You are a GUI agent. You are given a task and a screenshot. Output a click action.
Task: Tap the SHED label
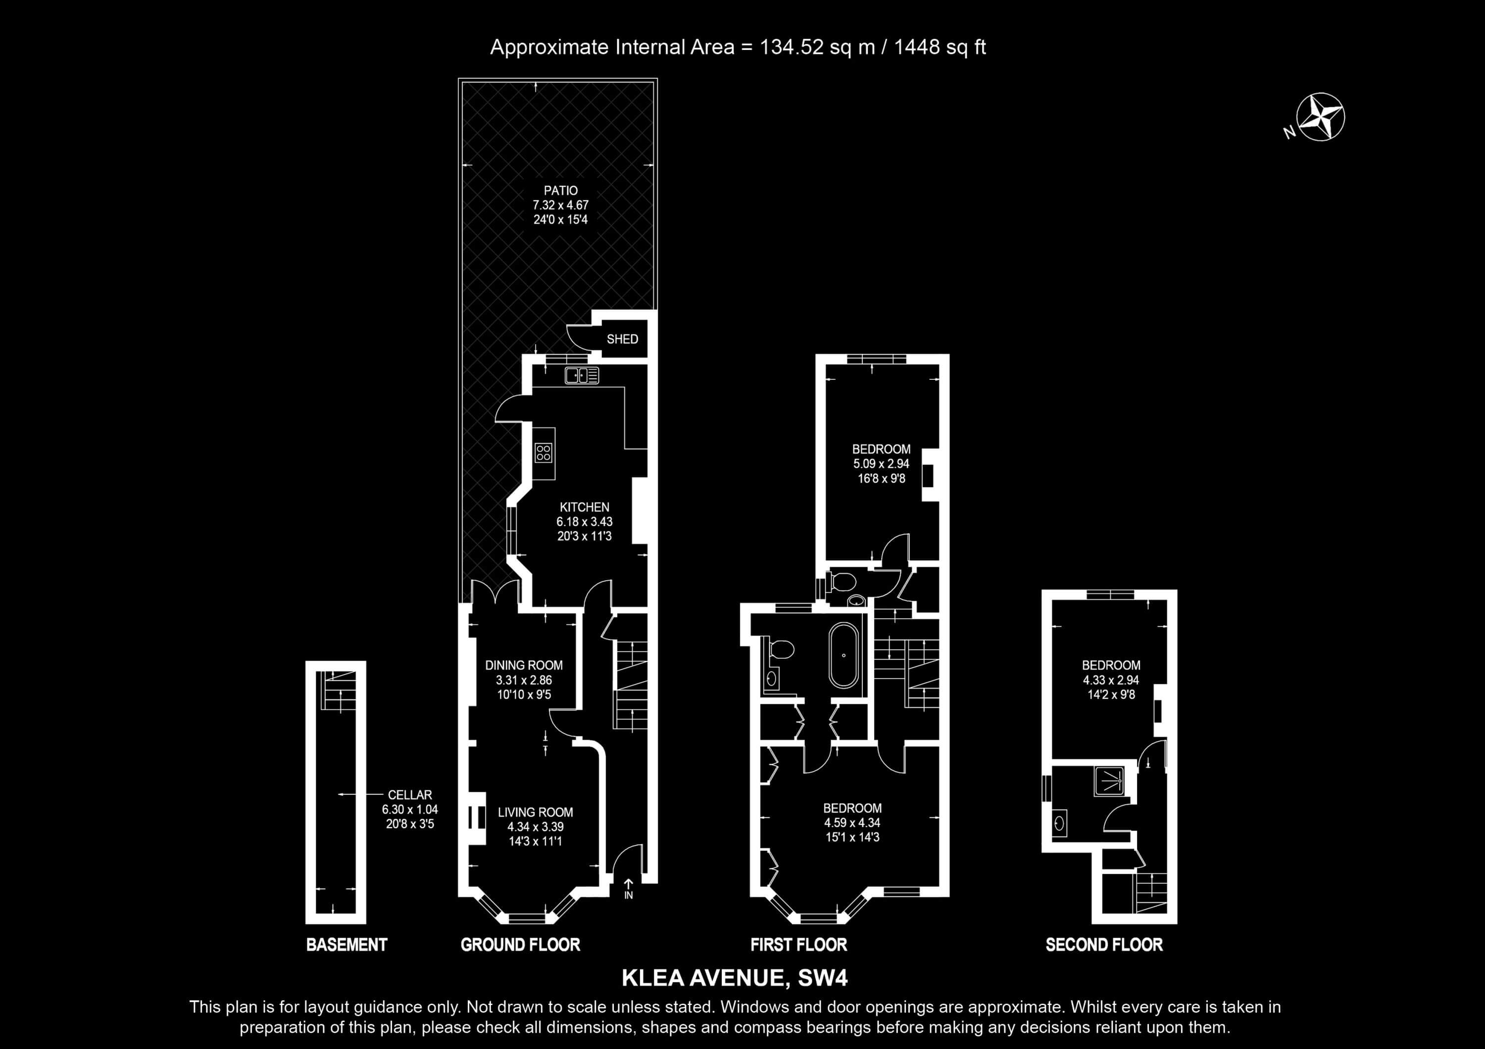(x=622, y=339)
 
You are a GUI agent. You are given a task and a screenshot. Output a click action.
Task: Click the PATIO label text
(x=561, y=191)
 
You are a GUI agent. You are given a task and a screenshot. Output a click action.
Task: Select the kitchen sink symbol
(x=582, y=375)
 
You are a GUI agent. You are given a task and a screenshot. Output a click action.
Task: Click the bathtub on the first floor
(x=844, y=655)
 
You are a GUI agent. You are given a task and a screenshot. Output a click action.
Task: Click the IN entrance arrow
(x=628, y=889)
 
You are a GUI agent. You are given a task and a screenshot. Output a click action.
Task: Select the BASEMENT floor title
(x=346, y=945)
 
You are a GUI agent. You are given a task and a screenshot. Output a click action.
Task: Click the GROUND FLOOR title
(x=521, y=945)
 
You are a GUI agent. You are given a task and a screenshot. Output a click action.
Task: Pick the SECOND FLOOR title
(x=1104, y=945)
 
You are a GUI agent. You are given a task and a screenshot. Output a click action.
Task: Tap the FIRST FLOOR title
(x=799, y=945)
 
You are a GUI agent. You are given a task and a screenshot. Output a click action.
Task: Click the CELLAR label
(x=410, y=795)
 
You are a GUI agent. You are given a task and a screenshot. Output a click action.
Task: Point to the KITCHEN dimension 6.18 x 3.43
(x=585, y=522)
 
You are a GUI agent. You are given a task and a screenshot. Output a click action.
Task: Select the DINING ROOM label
(x=524, y=665)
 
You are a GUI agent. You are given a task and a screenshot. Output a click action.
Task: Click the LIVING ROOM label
(x=536, y=813)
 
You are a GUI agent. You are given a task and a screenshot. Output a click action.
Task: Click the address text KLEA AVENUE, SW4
(x=735, y=978)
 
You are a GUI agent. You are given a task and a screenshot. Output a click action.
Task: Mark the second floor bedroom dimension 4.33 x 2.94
(x=1111, y=680)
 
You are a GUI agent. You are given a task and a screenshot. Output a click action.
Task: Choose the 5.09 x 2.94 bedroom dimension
(x=881, y=463)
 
